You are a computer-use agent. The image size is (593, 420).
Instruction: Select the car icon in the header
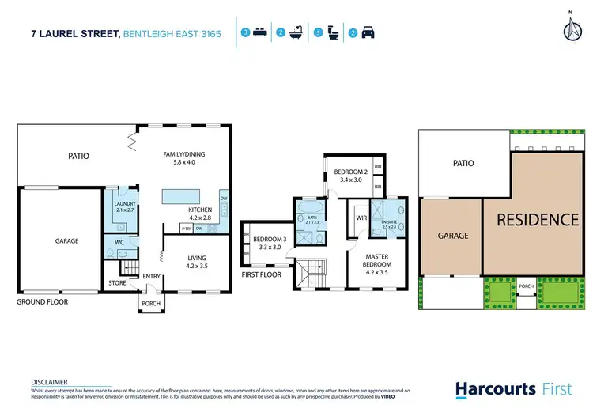368,33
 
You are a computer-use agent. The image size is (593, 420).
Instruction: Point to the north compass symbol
571,28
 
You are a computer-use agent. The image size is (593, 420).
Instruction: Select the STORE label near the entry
117,282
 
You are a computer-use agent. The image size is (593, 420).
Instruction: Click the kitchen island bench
182,195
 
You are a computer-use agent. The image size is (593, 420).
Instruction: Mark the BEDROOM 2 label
350,176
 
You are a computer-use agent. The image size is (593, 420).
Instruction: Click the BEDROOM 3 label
270,243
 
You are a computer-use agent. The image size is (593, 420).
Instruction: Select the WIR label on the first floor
362,218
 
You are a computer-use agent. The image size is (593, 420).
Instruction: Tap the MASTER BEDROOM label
381,262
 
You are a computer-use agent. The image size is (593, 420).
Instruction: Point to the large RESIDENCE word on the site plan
537,219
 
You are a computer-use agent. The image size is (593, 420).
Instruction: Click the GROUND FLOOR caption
43,302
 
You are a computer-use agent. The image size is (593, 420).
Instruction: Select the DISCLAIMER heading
49,382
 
